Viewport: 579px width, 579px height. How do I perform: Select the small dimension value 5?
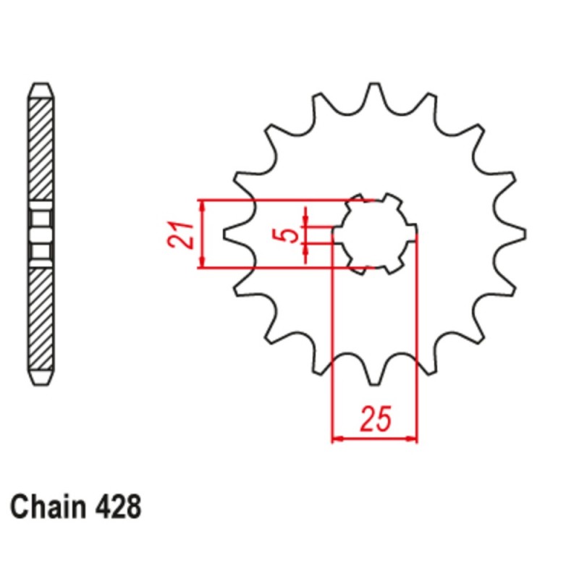click(287, 234)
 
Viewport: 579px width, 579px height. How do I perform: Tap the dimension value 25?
click(376, 419)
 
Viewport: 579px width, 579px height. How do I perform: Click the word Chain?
click(48, 507)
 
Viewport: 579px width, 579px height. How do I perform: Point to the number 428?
click(117, 507)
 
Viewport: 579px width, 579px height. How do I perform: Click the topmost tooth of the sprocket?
click(374, 93)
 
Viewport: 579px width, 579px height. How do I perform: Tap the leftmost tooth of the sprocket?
click(230, 233)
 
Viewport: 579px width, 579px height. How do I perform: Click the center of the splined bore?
click(374, 233)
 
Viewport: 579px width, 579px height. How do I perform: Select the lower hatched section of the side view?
click(41, 318)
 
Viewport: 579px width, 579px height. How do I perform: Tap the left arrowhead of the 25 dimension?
click(335, 438)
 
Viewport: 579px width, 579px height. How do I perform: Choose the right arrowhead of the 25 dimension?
click(414, 438)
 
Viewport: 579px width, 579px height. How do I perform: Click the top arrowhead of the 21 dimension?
click(203, 204)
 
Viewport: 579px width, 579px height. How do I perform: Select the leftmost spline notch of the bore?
click(337, 233)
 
